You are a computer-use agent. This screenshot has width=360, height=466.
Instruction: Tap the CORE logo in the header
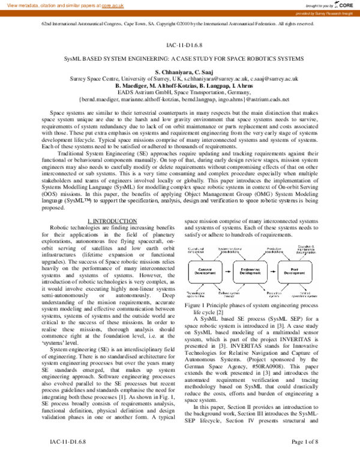pyautogui.click(x=344, y=5)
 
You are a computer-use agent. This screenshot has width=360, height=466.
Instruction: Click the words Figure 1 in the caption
pyautogui.click(x=196, y=306)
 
